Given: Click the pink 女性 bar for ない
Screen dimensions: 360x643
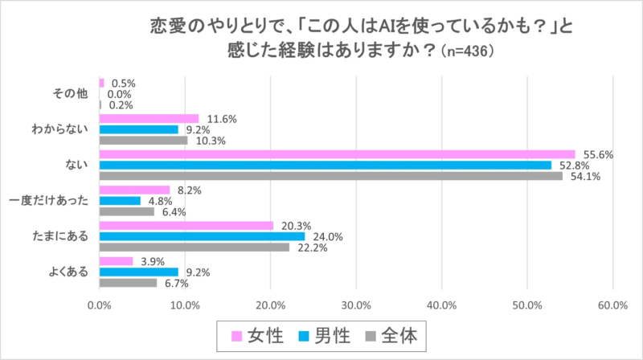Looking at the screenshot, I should [x=337, y=154].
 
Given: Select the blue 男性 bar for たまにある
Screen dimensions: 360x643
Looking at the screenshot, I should [x=202, y=236].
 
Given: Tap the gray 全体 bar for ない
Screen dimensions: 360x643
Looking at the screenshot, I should [x=330, y=176].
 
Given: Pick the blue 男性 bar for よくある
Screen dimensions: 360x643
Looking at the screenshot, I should [x=138, y=272].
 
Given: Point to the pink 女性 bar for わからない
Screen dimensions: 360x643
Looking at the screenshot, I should [x=149, y=118].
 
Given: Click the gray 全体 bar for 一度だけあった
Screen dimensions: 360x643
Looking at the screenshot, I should [x=126, y=212].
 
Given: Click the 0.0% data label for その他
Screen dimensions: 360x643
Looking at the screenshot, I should [x=119, y=94].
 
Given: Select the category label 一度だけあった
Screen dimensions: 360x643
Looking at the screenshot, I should [x=51, y=201].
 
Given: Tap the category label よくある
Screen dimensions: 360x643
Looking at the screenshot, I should [x=66, y=272].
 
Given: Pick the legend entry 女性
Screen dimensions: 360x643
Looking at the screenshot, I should [x=268, y=335].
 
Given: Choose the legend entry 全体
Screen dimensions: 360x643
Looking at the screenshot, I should [x=400, y=335].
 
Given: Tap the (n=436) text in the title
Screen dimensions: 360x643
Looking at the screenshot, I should [x=463, y=50].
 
